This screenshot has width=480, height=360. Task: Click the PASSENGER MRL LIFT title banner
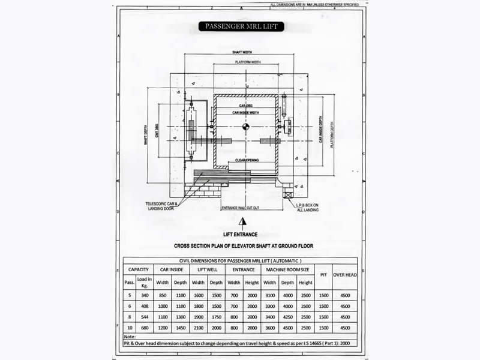pyautogui.click(x=241, y=26)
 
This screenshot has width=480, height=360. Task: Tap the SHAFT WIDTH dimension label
pyautogui.click(x=242, y=53)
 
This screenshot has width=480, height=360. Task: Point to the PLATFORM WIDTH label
pyautogui.click(x=247, y=62)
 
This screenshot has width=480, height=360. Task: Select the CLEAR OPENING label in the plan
pyautogui.click(x=247, y=160)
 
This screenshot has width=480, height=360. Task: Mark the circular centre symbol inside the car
pyautogui.click(x=245, y=126)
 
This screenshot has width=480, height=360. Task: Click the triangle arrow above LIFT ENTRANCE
pyautogui.click(x=242, y=221)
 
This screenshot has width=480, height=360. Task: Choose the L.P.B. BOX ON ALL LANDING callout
pyautogui.click(x=308, y=207)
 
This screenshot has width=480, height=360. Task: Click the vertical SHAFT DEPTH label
pyautogui.click(x=145, y=135)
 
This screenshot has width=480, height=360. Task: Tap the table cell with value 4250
pyautogui.click(x=287, y=317)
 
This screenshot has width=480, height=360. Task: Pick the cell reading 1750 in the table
pyautogui.click(x=216, y=317)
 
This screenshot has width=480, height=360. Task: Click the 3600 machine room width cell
pyautogui.click(x=270, y=328)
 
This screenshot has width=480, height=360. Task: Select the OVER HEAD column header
pyautogui.click(x=344, y=275)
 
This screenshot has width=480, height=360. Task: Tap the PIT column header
pyautogui.click(x=323, y=275)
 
